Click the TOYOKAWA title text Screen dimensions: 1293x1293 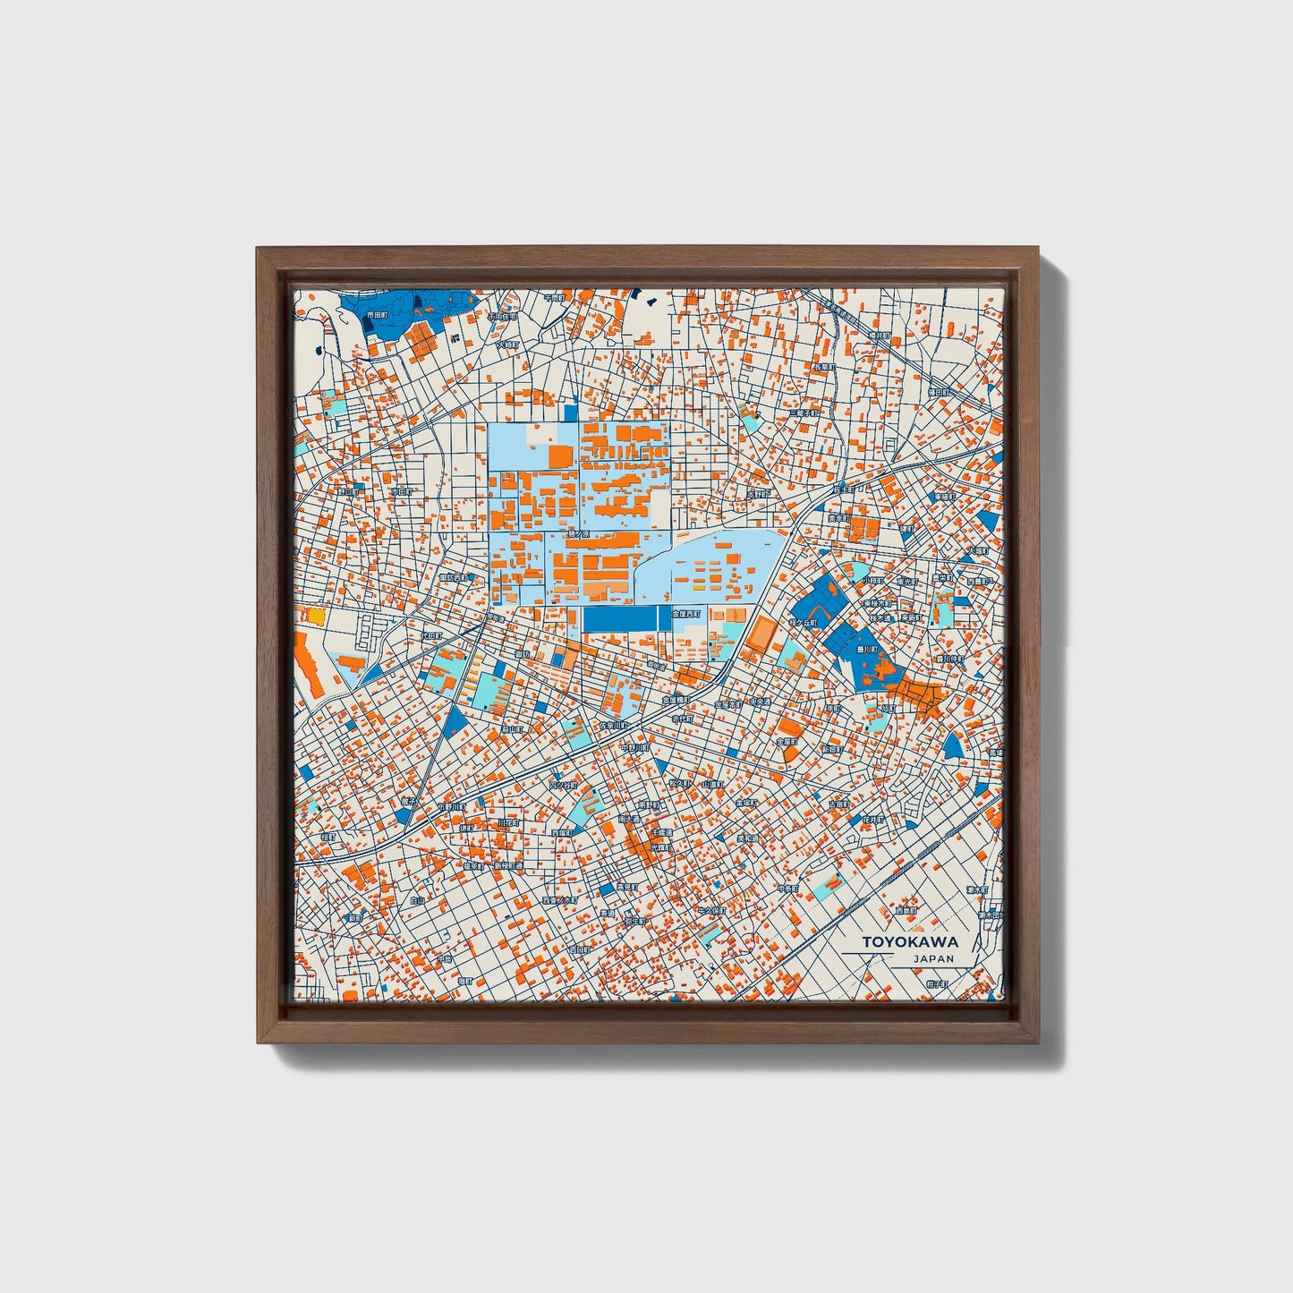(x=910, y=941)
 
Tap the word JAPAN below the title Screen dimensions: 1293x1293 (x=933, y=958)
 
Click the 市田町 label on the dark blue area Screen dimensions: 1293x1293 (x=378, y=315)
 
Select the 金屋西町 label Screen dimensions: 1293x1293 (x=686, y=614)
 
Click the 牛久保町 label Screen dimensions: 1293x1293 (x=712, y=910)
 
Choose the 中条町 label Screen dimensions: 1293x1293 (x=787, y=889)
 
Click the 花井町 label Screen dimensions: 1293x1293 (x=872, y=819)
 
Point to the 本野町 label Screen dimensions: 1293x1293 (x=758, y=494)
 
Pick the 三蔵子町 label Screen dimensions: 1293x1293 (x=804, y=413)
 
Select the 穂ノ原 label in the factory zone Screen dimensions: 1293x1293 (x=577, y=534)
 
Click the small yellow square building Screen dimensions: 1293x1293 (x=316, y=616)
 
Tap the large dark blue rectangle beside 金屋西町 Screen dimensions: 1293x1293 (x=619, y=618)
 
